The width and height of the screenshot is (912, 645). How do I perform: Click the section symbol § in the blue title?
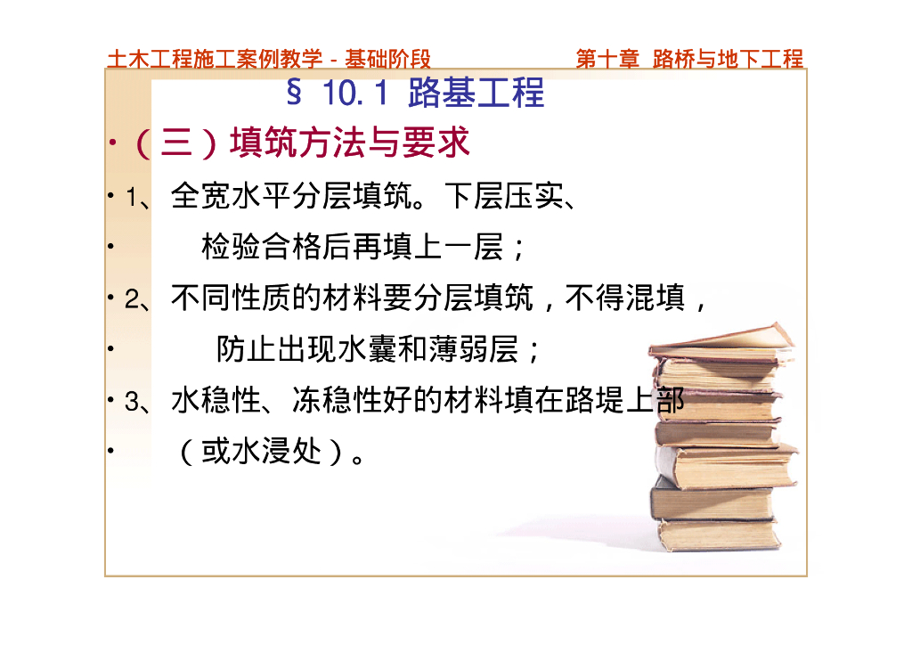[x=294, y=92]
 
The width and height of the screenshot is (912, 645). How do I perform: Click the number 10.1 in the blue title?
[x=355, y=93]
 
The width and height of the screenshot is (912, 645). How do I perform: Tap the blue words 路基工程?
[x=476, y=93]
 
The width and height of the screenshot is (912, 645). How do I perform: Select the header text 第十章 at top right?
[x=607, y=59]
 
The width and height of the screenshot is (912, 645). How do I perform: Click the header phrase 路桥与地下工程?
[x=728, y=59]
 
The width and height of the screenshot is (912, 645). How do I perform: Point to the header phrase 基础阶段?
[x=387, y=59]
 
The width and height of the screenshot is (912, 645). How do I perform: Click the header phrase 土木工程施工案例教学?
[x=215, y=59]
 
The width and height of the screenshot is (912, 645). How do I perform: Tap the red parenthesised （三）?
[x=176, y=143]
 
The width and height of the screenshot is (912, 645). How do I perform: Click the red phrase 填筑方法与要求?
[x=349, y=143]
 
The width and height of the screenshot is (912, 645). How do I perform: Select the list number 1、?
[x=137, y=197]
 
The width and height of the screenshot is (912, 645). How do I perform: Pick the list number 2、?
[x=137, y=299]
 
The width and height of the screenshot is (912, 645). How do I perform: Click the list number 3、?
[x=137, y=402]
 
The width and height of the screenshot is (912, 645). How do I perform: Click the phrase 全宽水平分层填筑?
[x=291, y=196]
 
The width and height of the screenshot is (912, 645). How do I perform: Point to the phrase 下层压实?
[x=504, y=196]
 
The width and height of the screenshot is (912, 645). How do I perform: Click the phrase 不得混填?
[x=624, y=298]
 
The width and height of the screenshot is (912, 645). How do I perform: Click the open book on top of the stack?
[x=722, y=344]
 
